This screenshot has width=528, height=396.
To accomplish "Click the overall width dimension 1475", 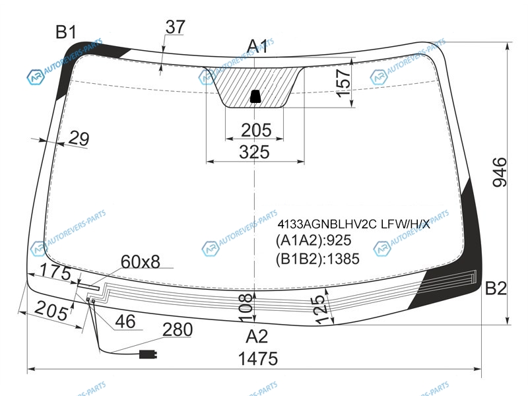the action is point(258,358).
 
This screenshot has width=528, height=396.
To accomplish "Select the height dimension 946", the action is point(500,172).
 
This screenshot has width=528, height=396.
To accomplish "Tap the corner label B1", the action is point(66,32).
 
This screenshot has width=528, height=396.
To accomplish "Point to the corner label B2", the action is point(496,288).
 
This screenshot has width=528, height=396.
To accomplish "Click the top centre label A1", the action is point(257,46).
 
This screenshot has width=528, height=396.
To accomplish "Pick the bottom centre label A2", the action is point(257,336).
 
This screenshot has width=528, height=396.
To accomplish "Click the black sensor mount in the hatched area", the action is point(255,96).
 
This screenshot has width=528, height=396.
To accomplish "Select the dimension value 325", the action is point(255,152).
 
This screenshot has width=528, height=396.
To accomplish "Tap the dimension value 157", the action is point(343,83).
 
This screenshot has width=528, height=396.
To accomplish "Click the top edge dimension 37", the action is point(175,27).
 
